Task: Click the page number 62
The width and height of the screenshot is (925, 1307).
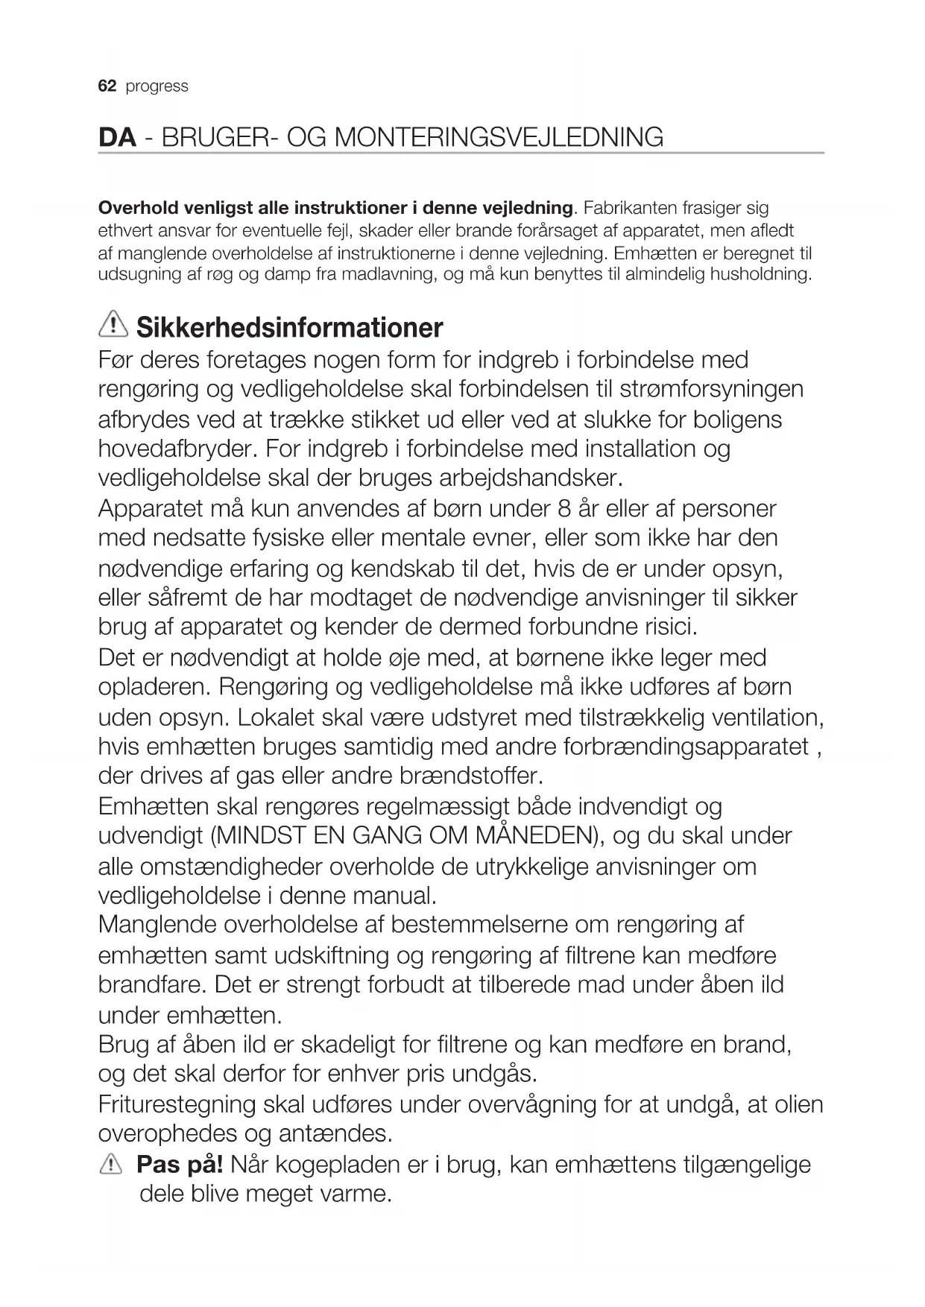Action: (107, 86)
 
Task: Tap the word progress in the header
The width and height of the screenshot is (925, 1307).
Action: (157, 86)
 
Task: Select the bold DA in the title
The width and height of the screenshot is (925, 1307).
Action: (117, 138)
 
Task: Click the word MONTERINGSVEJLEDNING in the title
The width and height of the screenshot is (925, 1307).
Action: (499, 138)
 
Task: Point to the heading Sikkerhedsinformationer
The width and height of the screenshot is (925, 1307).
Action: (290, 327)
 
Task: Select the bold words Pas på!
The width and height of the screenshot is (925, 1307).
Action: (180, 1164)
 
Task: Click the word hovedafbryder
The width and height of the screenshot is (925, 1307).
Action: (177, 449)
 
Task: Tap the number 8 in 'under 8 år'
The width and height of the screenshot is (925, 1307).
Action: (564, 509)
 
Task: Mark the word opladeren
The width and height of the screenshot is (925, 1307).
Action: (154, 687)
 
